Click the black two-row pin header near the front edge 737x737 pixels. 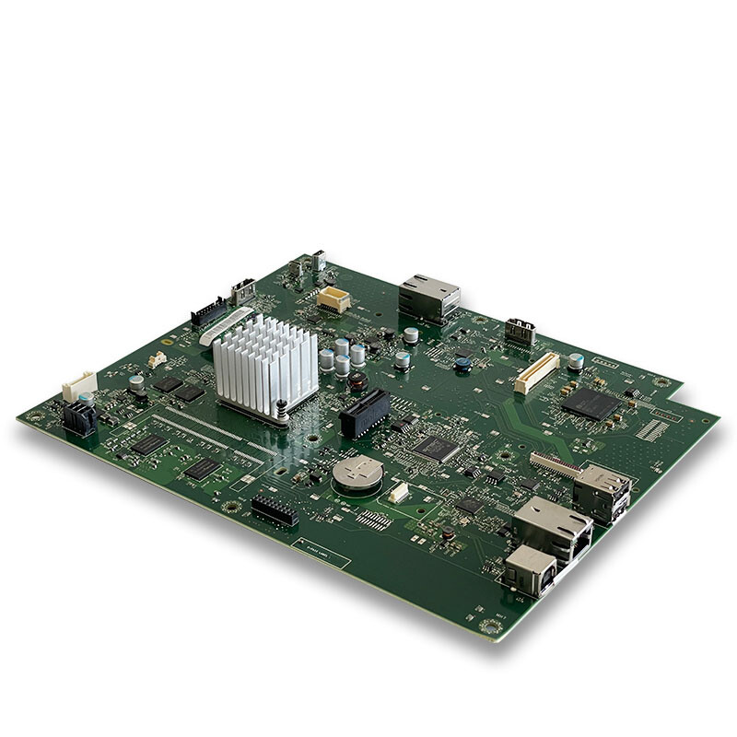click(x=275, y=510)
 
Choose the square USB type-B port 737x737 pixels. click(x=529, y=570)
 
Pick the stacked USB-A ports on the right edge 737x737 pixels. click(x=602, y=492)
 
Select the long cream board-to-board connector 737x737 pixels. click(x=536, y=372)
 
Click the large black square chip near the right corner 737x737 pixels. click(x=591, y=404)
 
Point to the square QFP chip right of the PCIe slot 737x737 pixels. click(x=435, y=448)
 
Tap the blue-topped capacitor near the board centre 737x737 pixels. click(x=462, y=365)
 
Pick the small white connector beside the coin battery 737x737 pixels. click(x=398, y=493)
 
